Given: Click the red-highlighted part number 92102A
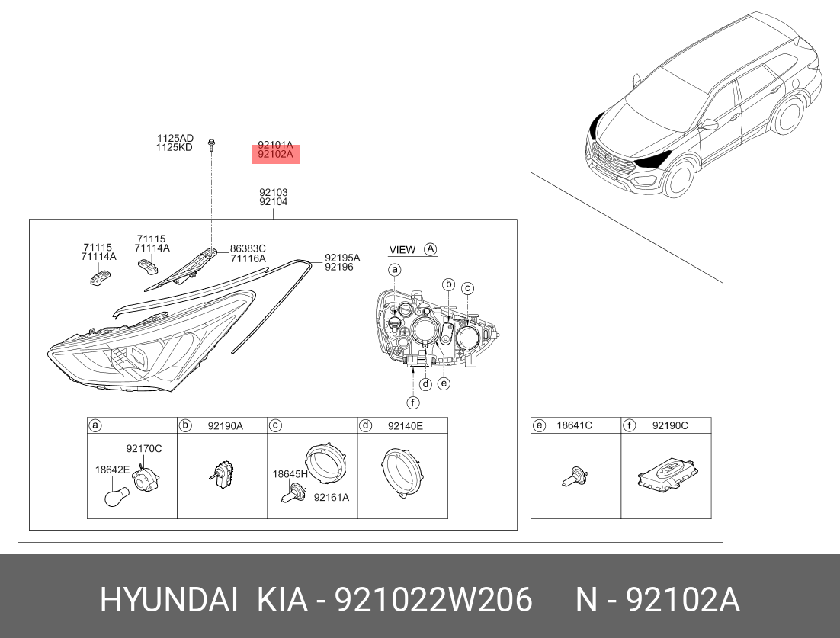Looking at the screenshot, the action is tap(275, 154).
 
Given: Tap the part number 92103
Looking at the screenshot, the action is tap(273, 192).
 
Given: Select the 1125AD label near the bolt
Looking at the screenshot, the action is tap(175, 139).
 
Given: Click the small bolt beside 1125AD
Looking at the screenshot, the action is tap(212, 143).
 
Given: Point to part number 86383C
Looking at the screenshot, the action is tap(248, 248).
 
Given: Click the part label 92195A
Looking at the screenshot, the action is tap(342, 258).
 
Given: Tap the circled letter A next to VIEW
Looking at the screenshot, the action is tap(430, 249).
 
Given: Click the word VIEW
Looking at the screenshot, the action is tap(402, 249).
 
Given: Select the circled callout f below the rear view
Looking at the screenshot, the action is tap(412, 402).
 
